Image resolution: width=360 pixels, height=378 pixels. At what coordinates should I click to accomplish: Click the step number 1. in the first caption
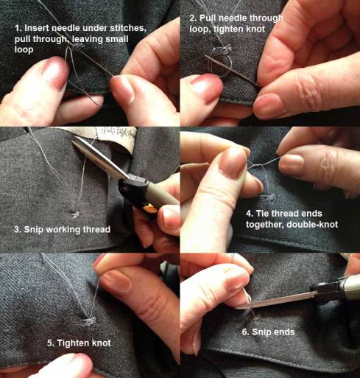(18, 28)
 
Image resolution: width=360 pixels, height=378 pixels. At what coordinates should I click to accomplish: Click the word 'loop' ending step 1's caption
(24, 50)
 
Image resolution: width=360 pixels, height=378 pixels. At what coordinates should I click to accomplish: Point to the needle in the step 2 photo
(233, 71)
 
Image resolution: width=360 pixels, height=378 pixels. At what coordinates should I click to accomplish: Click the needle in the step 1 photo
(91, 60)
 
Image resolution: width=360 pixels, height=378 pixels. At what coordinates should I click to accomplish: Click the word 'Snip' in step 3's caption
(34, 230)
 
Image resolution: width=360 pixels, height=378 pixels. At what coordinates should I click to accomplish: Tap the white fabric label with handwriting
(116, 139)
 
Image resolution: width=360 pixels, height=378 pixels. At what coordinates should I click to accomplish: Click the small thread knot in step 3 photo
(75, 214)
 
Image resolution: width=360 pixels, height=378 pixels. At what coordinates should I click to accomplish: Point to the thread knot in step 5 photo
(88, 321)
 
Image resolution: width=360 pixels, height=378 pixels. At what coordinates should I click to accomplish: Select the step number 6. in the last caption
(246, 332)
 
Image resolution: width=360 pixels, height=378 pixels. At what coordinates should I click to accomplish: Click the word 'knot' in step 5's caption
(102, 343)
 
